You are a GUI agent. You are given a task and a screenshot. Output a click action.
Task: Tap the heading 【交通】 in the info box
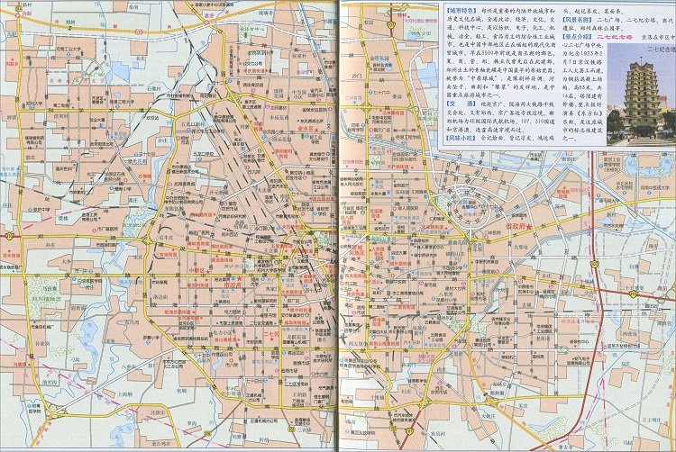coord(457,102)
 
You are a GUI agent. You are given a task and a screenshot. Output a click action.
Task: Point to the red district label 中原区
coord(200,267)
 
